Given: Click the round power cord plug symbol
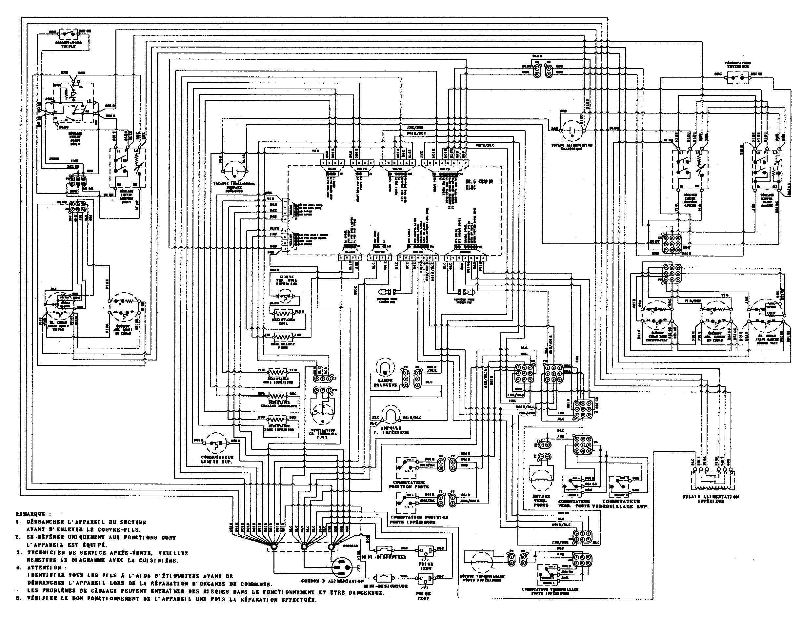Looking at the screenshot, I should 342,570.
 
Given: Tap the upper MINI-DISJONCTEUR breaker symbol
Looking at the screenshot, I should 385,549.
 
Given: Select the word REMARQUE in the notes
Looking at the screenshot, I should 30,514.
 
